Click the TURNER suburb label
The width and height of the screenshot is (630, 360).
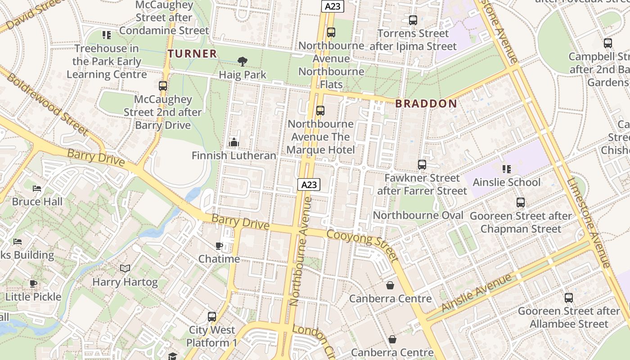192,54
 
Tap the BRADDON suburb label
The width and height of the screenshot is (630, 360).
426,104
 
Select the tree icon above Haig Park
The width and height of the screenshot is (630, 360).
243,62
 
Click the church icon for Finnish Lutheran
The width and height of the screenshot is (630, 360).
234,143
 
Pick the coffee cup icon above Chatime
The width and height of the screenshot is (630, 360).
219,246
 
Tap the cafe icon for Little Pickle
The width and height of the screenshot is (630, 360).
33,283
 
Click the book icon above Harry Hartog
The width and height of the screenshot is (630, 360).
125,269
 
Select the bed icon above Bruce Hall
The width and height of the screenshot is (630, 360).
37,188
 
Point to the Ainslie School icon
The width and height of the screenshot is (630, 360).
506,169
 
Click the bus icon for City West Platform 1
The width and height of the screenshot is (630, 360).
211,317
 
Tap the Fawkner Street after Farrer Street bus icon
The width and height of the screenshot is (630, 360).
422,165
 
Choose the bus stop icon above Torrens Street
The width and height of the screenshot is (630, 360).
413,20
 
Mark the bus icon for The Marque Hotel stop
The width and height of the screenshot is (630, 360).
320,111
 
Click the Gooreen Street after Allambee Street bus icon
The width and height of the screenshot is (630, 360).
568,298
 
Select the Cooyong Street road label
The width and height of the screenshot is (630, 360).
362,246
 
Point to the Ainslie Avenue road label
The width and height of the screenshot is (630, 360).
477,292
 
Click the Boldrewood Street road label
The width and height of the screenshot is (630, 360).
47,103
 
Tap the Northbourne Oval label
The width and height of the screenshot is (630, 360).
418,216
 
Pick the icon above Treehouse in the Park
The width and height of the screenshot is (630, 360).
107,35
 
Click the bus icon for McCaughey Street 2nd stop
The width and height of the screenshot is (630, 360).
163,86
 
